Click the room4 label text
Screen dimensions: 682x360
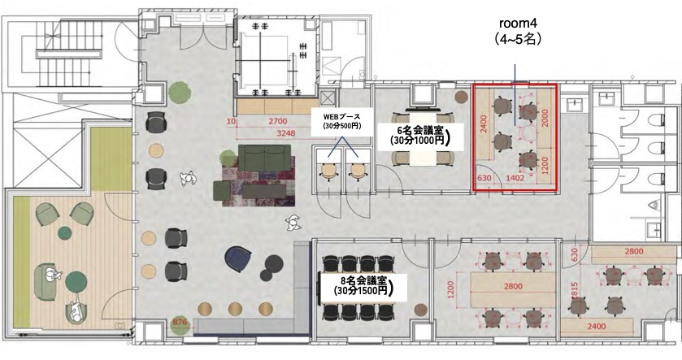[519, 23]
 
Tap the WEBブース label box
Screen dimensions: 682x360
[342, 121]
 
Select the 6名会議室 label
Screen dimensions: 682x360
[420, 135]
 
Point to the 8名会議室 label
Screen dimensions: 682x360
[362, 287]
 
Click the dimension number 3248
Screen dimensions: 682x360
[285, 133]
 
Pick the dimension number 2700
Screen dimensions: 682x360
[277, 121]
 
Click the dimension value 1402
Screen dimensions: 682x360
[515, 178]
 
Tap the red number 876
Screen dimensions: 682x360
[180, 323]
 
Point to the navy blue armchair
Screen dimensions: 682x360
[238, 259]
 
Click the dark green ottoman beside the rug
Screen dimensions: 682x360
[222, 191]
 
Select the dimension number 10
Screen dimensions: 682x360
[231, 121]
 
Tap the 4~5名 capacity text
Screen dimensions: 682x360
[518, 39]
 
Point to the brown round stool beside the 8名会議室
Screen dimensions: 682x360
[420, 310]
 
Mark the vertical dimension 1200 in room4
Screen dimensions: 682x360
[545, 165]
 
